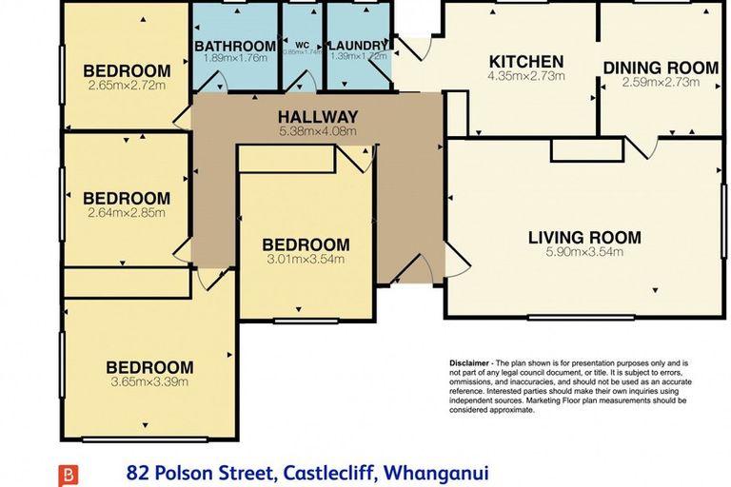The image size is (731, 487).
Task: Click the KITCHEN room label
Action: click(x=526, y=62)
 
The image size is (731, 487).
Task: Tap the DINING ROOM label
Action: click(x=661, y=68)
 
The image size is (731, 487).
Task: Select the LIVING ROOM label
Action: click(x=584, y=238)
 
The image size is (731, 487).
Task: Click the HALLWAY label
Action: click(x=318, y=117)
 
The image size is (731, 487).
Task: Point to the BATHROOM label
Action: click(x=235, y=46)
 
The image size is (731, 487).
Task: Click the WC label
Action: click(x=302, y=45)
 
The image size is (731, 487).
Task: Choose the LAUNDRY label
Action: click(x=358, y=46)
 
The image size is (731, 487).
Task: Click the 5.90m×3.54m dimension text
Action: click(x=584, y=253)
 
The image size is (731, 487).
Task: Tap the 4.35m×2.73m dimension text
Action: click(x=526, y=76)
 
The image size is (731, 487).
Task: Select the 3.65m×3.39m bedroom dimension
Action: click(x=148, y=382)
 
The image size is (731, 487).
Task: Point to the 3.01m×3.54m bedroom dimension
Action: click(x=306, y=259)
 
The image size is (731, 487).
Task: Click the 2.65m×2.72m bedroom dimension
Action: click(x=127, y=86)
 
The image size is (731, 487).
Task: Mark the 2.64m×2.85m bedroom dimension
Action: click(x=127, y=213)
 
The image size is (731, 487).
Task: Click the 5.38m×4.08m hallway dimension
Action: click(x=318, y=131)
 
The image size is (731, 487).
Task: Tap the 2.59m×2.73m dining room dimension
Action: click(x=661, y=82)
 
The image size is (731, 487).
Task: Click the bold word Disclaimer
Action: click(x=470, y=364)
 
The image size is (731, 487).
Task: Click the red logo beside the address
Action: click(x=68, y=474)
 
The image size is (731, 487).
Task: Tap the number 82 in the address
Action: click(x=139, y=473)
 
